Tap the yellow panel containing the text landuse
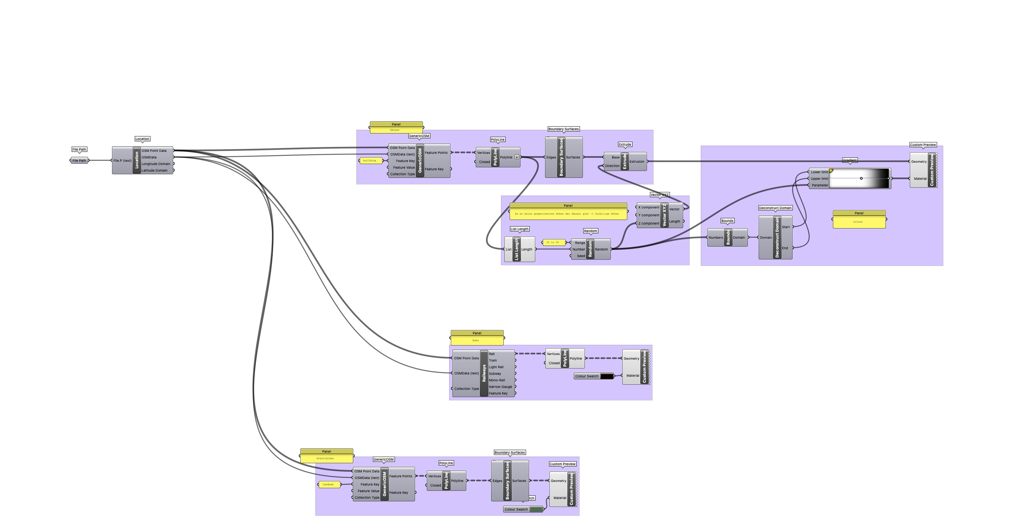click(329, 484)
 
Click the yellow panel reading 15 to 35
click(553, 243)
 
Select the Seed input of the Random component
click(580, 256)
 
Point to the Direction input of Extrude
click(612, 166)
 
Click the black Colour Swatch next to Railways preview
click(607, 376)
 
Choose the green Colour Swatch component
click(536, 509)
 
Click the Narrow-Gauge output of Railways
click(500, 387)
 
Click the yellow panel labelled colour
click(859, 222)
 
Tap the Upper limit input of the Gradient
click(819, 179)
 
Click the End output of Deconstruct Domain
click(785, 248)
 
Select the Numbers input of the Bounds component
click(715, 237)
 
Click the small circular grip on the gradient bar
click(861, 179)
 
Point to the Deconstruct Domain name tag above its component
click(775, 208)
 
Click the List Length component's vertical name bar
click(516, 249)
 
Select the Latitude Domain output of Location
click(154, 171)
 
